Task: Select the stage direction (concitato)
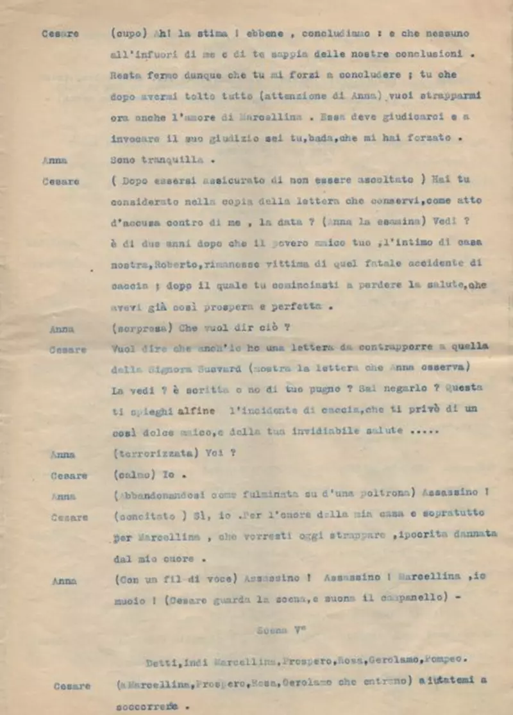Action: (x=141, y=514)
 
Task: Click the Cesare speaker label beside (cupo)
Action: (x=61, y=34)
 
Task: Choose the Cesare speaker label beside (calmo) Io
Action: (x=69, y=476)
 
